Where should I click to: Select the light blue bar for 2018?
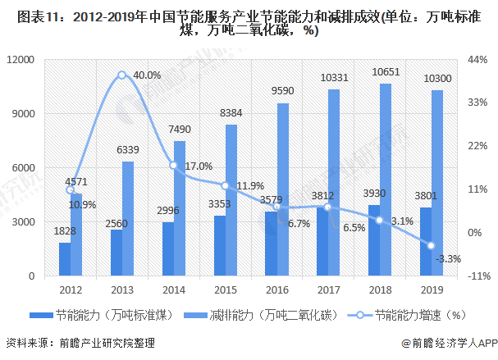click(386, 180)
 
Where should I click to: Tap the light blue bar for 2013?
click(128, 219)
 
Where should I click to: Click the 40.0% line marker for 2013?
click(122, 75)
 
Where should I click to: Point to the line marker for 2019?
click(431, 245)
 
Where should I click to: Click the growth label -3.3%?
click(450, 258)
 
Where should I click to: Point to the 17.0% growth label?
click(199, 166)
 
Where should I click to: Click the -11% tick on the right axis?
click(476, 276)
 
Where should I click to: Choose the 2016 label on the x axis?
click(276, 289)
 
